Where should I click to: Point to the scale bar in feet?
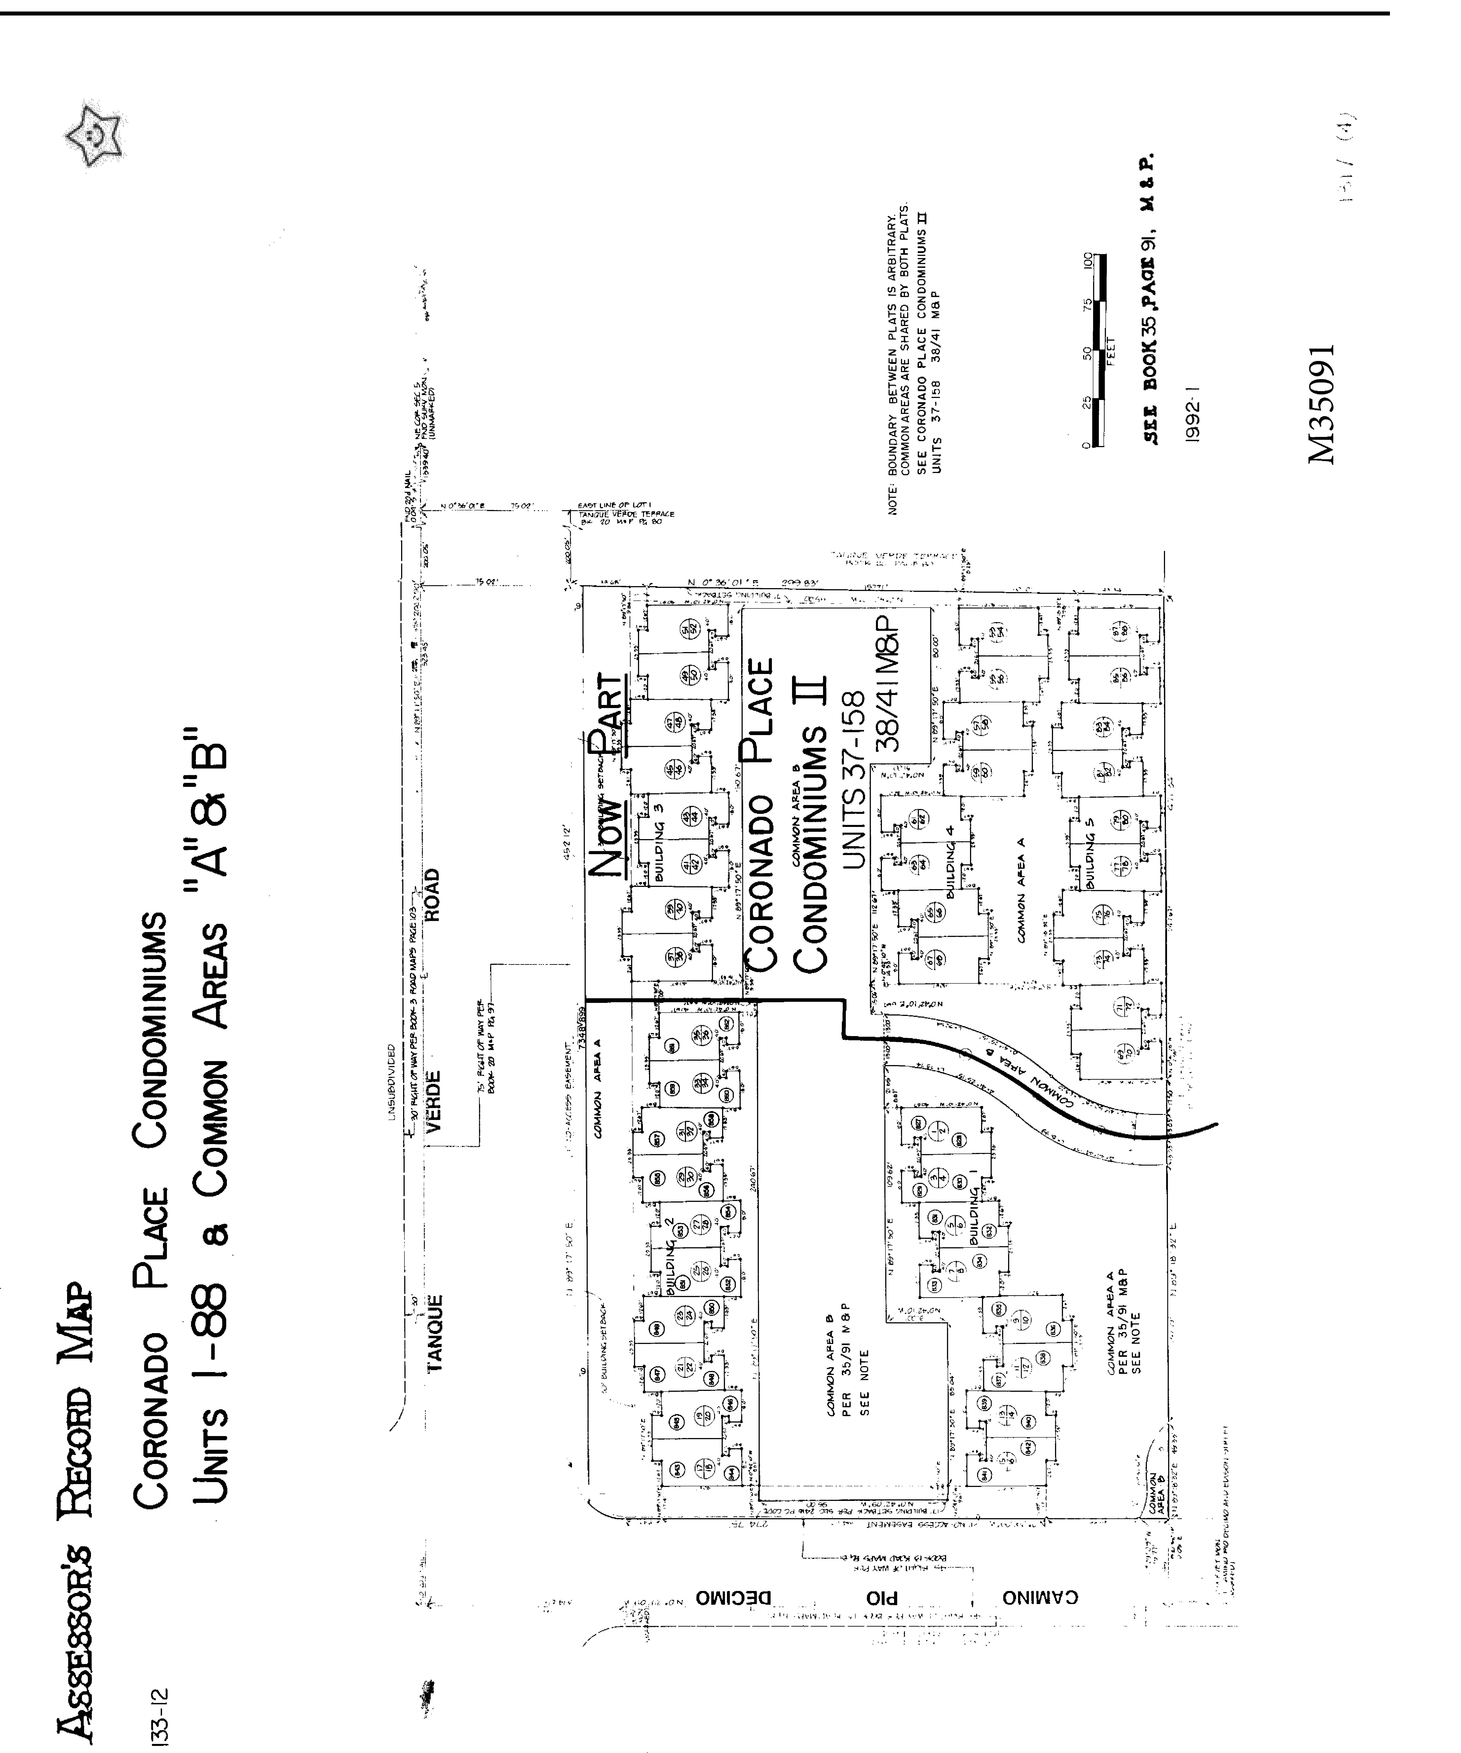click(x=1100, y=351)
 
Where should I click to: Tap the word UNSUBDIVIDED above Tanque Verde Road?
click(x=391, y=1081)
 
